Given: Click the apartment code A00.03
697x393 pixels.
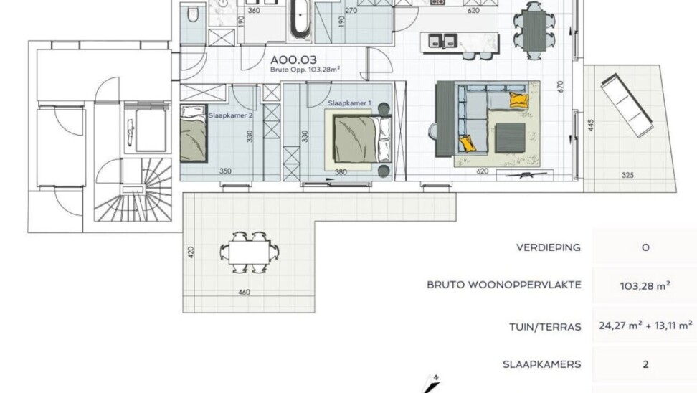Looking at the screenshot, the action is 294,60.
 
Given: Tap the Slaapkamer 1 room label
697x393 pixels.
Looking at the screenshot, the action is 349,103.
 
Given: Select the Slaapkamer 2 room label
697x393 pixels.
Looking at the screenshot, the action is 230,115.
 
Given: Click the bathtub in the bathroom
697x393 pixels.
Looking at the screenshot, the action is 300,21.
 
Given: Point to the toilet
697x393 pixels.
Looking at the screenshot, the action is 193,14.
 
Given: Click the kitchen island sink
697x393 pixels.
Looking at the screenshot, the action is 442,41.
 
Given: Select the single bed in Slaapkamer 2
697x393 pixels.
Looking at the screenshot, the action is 194,133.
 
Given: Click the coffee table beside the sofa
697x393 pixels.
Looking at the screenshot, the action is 511,138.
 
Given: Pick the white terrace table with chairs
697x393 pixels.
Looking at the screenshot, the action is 250,252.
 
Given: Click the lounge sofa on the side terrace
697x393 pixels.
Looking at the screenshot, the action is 627,105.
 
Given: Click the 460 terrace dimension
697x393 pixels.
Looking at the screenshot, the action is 244,292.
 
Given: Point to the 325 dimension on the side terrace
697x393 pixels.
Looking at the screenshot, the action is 627,175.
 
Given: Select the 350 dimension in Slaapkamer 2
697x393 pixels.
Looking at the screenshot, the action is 225,171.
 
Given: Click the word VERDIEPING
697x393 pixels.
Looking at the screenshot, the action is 549,247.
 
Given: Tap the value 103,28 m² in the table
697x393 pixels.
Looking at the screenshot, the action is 645,286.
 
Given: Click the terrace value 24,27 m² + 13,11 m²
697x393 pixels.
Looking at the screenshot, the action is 645,326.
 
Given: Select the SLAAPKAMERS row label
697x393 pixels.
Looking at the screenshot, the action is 542,364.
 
